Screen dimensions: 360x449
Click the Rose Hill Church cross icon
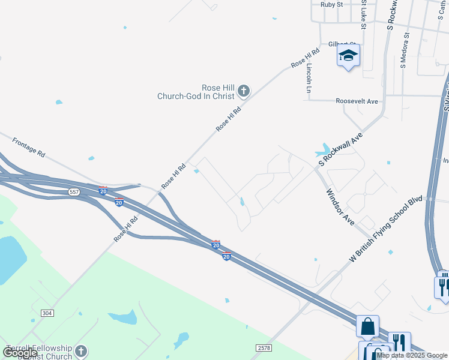(243, 91)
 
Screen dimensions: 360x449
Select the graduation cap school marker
(348, 57)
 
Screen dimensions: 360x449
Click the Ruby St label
(331, 4)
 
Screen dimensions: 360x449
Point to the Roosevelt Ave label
(357, 101)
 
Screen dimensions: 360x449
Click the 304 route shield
(47, 313)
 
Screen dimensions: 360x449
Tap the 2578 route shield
(263, 348)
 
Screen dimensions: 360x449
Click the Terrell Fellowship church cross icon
(81, 351)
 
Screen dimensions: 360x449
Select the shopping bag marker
(367, 327)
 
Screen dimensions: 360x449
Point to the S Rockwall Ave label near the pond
(341, 150)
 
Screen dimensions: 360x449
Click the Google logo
(20, 353)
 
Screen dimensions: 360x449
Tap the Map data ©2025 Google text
(412, 355)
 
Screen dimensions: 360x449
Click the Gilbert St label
(342, 44)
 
